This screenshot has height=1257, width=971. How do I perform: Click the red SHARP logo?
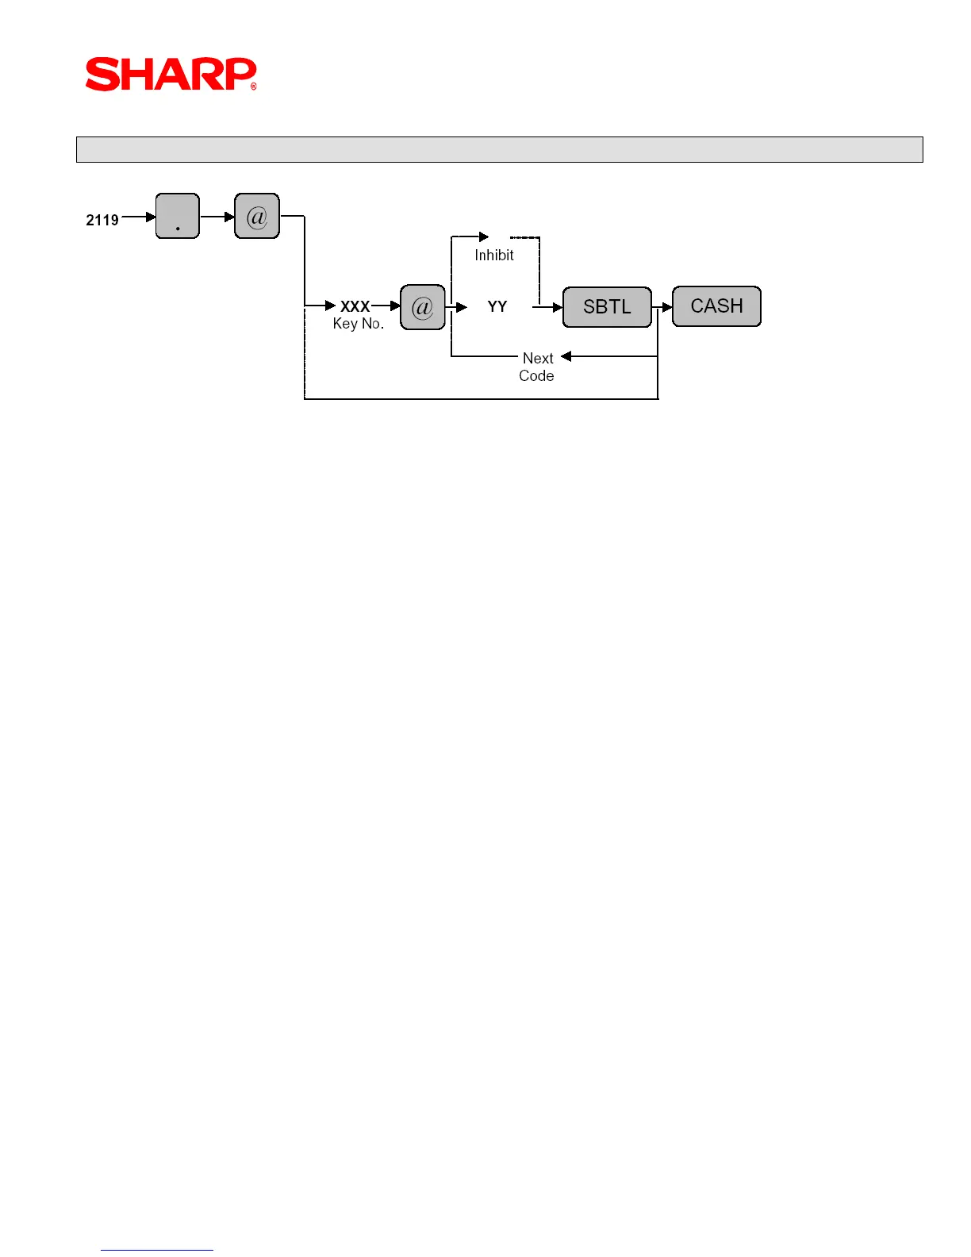[x=171, y=74]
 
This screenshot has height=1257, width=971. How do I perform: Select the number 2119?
[x=102, y=220]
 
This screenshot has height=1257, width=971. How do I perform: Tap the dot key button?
[x=178, y=216]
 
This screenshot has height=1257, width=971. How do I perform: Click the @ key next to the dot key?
[x=257, y=216]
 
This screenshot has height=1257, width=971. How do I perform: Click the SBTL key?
[x=607, y=307]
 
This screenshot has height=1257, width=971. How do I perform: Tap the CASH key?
[x=716, y=306]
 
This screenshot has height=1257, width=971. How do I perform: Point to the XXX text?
[x=355, y=306]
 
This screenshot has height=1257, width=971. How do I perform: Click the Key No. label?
[x=358, y=324]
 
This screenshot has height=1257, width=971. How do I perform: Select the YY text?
[x=497, y=306]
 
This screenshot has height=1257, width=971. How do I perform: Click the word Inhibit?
[x=494, y=256]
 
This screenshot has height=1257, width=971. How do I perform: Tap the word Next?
[x=538, y=358]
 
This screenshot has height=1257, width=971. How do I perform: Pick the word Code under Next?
[x=536, y=376]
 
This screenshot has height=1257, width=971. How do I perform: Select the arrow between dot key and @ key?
[x=217, y=217]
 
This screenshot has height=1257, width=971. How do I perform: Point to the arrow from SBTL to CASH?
[x=662, y=307]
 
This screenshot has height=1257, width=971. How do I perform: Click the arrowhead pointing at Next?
[x=566, y=356]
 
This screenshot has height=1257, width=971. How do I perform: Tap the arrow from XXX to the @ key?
[x=386, y=306]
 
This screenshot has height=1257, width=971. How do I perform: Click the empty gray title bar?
[x=499, y=149]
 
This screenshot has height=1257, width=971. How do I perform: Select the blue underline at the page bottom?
[x=156, y=1250]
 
